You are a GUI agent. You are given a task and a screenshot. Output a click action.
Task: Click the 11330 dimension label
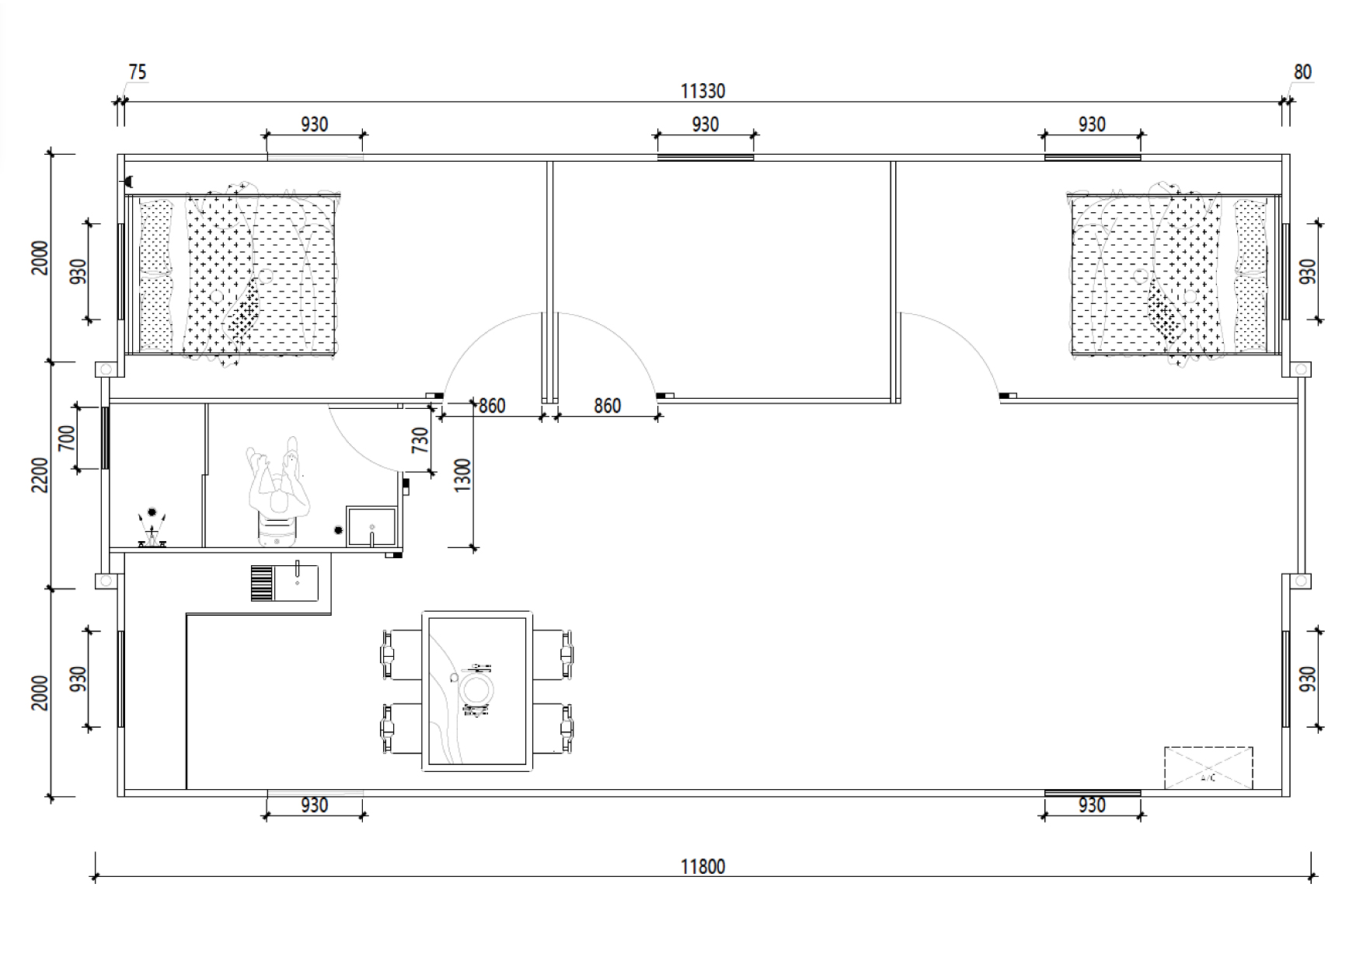[702, 91]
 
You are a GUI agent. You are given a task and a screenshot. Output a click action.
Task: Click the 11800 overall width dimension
[702, 866]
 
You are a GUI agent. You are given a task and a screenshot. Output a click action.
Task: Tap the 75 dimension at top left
[137, 72]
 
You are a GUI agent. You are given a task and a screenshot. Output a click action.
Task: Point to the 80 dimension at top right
[1302, 72]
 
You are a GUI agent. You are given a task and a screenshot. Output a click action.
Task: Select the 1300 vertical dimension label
[462, 475]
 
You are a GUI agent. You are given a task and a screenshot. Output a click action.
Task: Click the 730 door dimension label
[420, 440]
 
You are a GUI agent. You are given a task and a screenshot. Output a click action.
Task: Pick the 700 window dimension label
[67, 438]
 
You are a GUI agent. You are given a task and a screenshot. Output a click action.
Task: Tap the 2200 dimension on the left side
[40, 475]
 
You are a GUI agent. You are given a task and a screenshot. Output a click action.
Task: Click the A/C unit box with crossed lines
[1208, 768]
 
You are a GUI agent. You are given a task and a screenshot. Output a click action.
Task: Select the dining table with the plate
[477, 690]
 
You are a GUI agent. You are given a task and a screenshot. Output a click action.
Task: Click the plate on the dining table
[476, 690]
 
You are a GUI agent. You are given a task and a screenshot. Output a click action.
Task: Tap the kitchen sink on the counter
[284, 582]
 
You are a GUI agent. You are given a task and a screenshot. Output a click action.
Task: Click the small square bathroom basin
[371, 526]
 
